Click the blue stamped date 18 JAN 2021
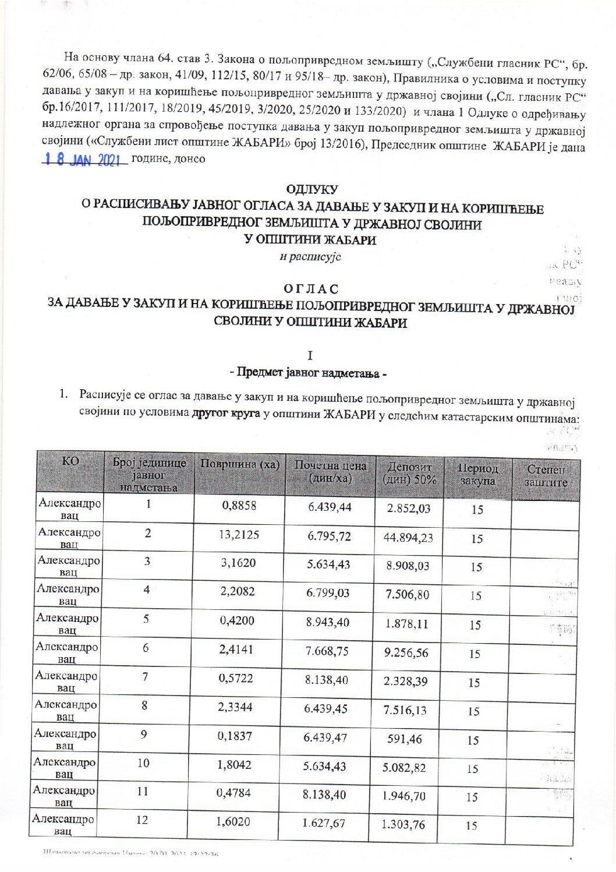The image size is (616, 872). click(86, 160)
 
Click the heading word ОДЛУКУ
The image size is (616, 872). click(312, 189)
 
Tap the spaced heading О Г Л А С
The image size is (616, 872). click(311, 289)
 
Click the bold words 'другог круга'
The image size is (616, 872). click(225, 414)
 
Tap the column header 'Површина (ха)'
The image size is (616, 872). click(240, 465)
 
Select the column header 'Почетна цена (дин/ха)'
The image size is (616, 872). click(330, 472)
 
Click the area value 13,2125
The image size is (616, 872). click(239, 534)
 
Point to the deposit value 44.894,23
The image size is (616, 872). click(408, 538)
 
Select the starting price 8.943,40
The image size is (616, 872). click(328, 622)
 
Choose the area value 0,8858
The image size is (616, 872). click(239, 506)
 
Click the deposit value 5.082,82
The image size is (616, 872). click(404, 768)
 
